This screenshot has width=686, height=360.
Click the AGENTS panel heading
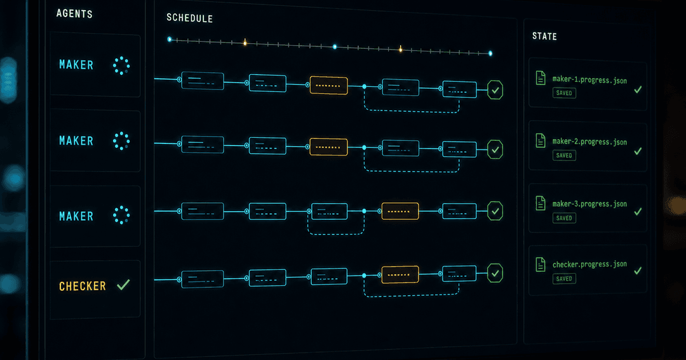pos(74,13)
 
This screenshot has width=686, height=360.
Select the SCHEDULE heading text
pos(189,18)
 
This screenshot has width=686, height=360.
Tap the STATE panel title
pos(544,36)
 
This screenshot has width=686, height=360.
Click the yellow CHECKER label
pos(82,286)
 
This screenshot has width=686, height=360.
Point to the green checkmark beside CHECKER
pos(123,285)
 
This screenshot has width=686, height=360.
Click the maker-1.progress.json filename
pos(589,79)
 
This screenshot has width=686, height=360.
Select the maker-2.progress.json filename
pos(589,142)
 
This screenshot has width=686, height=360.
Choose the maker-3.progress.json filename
pos(589,204)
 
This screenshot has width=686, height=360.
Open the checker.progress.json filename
pos(589,264)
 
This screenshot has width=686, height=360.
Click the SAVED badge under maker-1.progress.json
pos(564,93)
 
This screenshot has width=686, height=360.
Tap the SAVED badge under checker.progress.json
pos(564,279)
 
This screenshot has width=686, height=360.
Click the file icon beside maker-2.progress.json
pos(541,140)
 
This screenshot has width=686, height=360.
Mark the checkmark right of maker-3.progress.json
pos(638,211)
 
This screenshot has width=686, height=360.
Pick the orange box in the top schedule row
pos(328,85)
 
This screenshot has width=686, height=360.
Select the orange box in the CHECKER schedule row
pos(400,275)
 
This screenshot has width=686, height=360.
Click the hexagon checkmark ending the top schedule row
pos(495,90)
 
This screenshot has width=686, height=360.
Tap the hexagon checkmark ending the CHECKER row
pos(495,274)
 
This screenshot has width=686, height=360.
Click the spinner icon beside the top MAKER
pos(121,65)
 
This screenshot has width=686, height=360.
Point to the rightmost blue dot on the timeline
pos(490,53)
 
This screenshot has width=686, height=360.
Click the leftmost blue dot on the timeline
pos(170,39)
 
